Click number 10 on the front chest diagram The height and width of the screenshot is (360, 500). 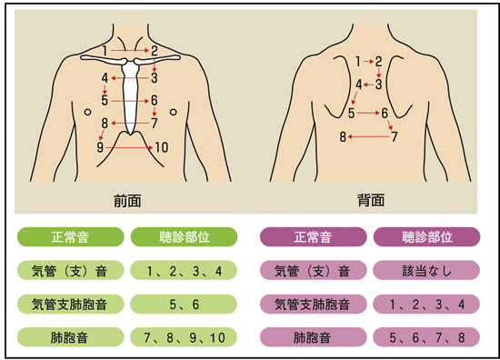click(x=162, y=147)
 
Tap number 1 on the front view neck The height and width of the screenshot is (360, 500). click(x=105, y=50)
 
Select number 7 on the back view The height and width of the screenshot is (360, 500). click(x=395, y=136)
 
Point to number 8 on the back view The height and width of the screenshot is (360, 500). click(x=343, y=136)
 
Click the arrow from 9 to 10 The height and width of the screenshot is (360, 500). click(x=129, y=147)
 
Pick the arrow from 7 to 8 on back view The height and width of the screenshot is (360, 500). click(x=368, y=136)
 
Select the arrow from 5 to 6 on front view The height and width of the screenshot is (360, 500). click(x=130, y=101)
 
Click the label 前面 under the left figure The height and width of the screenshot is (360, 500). click(x=127, y=201)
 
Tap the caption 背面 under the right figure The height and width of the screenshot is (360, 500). click(x=371, y=200)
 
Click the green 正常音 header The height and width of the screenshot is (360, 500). click(x=71, y=237)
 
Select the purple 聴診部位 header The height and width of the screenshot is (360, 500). click(x=426, y=237)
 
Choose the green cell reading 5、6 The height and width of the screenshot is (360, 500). click(x=184, y=304)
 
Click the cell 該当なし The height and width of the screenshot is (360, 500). click(x=426, y=270)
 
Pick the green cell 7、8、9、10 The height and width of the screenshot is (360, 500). click(x=184, y=337)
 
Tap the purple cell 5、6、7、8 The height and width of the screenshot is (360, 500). click(x=426, y=337)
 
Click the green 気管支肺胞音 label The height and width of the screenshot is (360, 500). click(x=71, y=304)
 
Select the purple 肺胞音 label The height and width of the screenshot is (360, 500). click(x=313, y=337)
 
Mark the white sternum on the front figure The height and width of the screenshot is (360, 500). click(x=130, y=95)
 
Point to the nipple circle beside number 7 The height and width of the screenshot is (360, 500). click(x=173, y=112)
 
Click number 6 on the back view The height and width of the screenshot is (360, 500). click(x=385, y=113)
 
